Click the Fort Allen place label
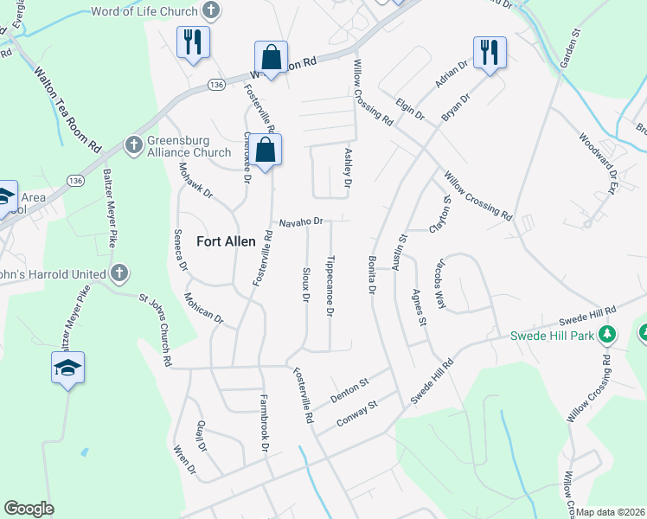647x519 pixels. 226,241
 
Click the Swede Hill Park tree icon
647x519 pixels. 608,335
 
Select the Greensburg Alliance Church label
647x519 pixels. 189,146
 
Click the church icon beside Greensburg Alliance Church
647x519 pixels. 134,144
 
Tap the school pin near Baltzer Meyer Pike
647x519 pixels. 67,368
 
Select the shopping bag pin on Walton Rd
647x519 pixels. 271,58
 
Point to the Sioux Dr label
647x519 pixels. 305,285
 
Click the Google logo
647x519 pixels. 29,509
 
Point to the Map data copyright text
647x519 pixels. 611,512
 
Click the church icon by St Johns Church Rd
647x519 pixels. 119,274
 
